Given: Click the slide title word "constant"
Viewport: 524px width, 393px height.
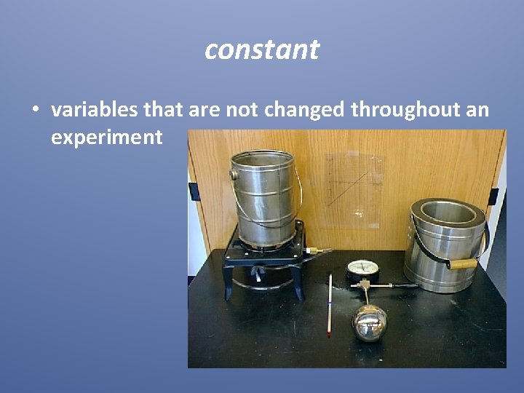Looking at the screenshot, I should [x=262, y=49].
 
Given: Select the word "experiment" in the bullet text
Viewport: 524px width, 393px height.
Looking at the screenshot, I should [x=106, y=137].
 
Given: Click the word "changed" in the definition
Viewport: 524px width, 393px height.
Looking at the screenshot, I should [x=305, y=110].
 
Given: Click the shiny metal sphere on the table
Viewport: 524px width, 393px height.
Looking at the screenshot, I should [x=370, y=322].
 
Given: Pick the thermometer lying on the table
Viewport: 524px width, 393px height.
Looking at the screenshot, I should [x=330, y=302].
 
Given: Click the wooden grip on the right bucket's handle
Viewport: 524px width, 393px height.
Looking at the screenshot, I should [x=462, y=263].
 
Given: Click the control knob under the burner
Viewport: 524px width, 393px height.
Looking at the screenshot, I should [x=257, y=274].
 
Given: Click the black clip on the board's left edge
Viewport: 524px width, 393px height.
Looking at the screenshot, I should [x=194, y=191].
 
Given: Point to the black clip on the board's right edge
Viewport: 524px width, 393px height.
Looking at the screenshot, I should [x=493, y=196].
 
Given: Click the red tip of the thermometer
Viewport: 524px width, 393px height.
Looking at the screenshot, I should [x=329, y=334].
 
